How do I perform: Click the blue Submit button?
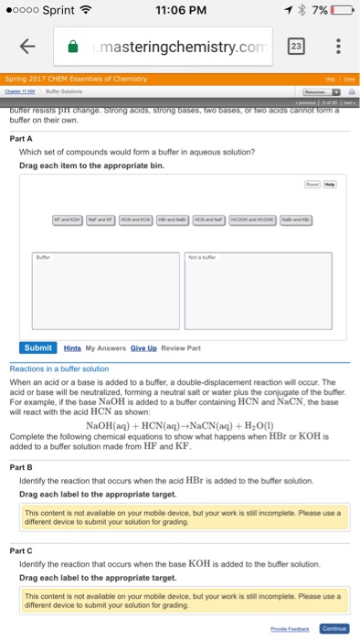[x=38, y=348]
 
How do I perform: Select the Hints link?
[x=73, y=348]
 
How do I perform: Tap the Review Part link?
[x=181, y=348]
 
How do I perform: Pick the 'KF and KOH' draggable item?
[x=66, y=223]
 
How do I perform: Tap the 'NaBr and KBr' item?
[x=293, y=223]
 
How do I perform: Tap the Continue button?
[x=334, y=629]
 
